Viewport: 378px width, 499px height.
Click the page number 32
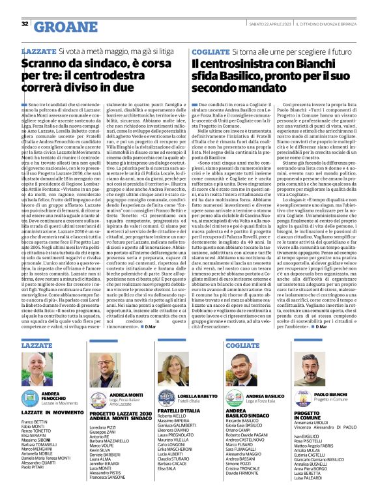click(25, 24)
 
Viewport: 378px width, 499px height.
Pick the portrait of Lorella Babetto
click(176, 371)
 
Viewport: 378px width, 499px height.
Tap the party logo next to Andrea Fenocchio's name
click(30, 397)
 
